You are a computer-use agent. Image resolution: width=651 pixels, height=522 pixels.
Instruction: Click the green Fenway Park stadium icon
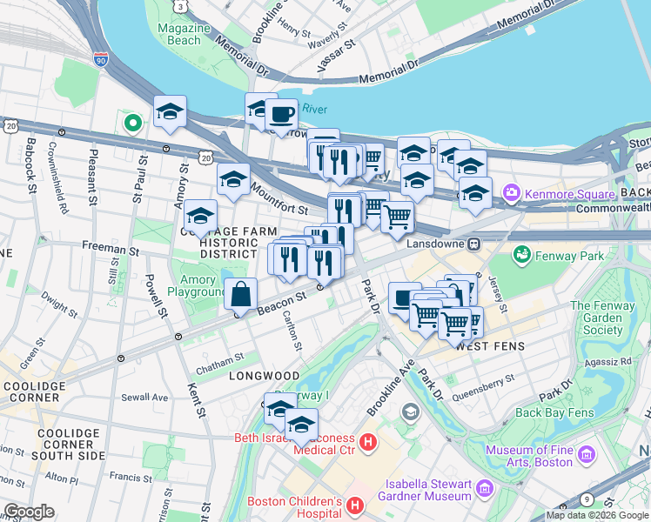coord(522,255)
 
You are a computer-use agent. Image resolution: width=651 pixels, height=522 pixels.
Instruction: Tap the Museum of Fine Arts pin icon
coord(586,455)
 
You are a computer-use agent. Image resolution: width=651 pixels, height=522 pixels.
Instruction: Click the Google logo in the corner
coord(29,512)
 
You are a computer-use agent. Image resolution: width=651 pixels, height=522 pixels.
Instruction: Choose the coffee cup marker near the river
coord(280,115)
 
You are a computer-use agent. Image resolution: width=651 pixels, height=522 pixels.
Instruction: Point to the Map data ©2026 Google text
coord(597,515)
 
